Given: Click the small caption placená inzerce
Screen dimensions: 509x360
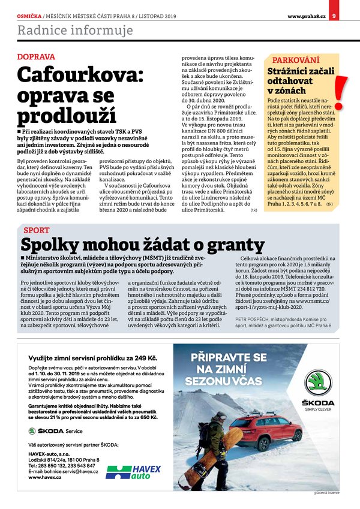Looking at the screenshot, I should click(326, 492).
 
